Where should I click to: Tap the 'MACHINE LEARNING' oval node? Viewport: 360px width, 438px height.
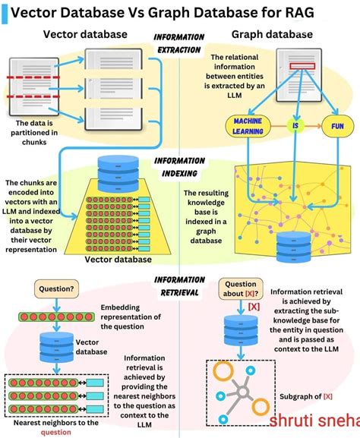point(248,125)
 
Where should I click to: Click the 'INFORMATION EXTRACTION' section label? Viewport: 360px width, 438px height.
point(179,43)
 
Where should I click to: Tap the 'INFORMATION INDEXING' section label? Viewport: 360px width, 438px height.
point(179,167)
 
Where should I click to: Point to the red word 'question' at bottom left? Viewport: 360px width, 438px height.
point(55,432)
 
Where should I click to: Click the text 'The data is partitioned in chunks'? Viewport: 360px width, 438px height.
point(35,132)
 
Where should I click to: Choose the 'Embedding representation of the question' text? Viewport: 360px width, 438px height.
point(131,317)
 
